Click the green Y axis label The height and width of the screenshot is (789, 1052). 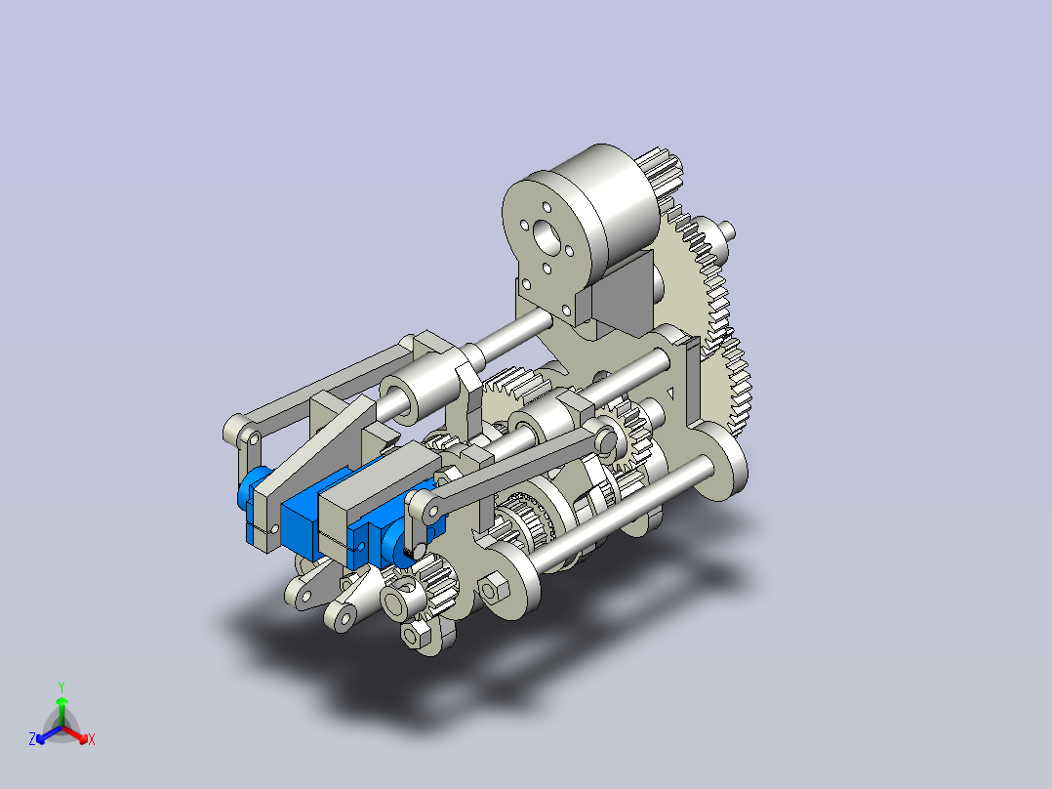click(61, 686)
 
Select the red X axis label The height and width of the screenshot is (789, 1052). click(92, 739)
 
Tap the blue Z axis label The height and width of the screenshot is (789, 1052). click(32, 739)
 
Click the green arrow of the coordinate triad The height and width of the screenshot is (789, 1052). click(61, 711)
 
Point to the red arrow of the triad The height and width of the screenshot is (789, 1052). click(75, 734)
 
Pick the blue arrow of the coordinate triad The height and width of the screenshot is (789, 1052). click(49, 734)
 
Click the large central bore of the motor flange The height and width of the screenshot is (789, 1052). click(547, 237)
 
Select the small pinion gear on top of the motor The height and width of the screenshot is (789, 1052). click(660, 176)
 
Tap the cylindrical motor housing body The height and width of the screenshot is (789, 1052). click(604, 201)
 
